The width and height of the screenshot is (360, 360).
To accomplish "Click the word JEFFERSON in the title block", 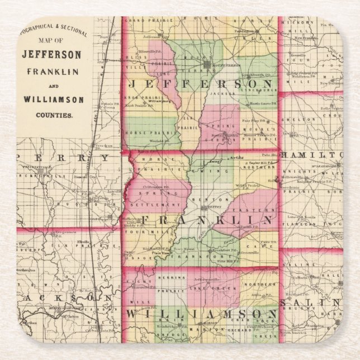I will coord(51,56).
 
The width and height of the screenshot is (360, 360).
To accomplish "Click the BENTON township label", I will coord(203,200).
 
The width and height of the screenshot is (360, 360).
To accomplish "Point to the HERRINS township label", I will coord(177,277).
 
